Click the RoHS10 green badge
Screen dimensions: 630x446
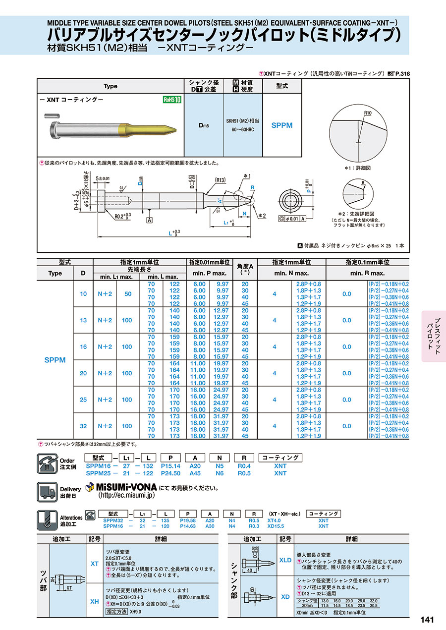pos(172,100)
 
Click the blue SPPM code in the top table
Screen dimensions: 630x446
pos(282,125)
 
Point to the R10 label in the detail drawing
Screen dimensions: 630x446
pos(367,114)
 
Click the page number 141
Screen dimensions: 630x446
pos(427,620)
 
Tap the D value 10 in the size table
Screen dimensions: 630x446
pos(83,294)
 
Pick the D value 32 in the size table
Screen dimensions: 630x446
pos(83,426)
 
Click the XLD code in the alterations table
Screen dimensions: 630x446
pos(285,560)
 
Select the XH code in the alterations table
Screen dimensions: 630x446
pos(94,601)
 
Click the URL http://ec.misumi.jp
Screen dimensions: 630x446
pos(127,495)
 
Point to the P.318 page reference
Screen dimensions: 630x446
pos(402,74)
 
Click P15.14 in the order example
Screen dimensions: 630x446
pos(171,466)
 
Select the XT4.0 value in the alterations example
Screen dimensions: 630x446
pos(274,520)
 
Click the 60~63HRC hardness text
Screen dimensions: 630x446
pos(243,129)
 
